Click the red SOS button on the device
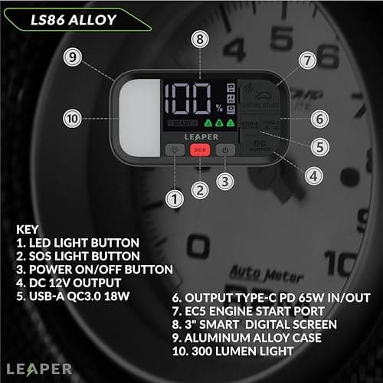pyautogui.click(x=199, y=150)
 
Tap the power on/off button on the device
pyautogui.click(x=225, y=150)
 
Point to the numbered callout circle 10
pyautogui.click(x=73, y=118)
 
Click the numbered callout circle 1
pyautogui.click(x=176, y=200)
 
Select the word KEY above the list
pyautogui.click(x=28, y=229)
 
